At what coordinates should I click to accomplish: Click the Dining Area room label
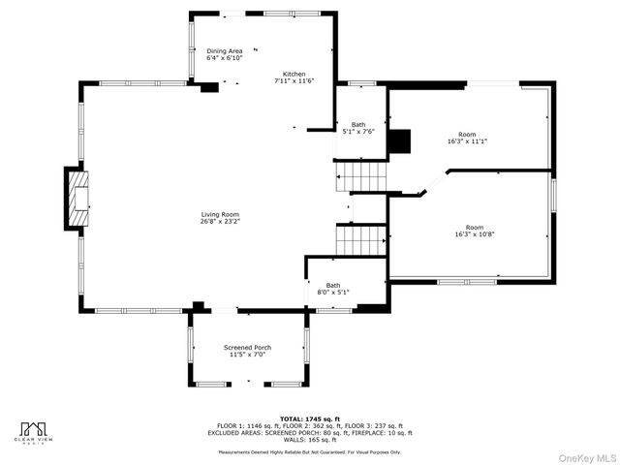click(224, 50)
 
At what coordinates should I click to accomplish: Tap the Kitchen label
click(294, 75)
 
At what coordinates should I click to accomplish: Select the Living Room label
click(220, 214)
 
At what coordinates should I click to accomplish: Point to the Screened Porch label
click(247, 347)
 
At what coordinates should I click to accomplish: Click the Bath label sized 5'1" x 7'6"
click(357, 125)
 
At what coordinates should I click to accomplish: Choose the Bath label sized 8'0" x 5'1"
click(333, 285)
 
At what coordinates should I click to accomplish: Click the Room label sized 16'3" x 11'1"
click(467, 135)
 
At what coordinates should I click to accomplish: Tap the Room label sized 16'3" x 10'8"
click(474, 228)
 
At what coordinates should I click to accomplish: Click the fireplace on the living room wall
click(77, 199)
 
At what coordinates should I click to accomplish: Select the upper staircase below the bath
click(360, 176)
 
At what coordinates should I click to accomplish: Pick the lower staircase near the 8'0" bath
click(361, 239)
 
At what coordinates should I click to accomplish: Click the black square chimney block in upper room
click(399, 141)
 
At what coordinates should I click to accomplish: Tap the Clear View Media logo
click(35, 432)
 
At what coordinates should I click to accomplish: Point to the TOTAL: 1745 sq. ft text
click(310, 418)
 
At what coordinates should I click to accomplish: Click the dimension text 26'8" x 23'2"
click(220, 222)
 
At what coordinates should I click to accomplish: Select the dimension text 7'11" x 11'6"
click(294, 81)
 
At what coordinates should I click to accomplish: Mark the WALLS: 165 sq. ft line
click(310, 440)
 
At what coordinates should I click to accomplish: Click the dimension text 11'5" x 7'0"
click(247, 355)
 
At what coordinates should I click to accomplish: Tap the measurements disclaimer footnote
click(310, 451)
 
